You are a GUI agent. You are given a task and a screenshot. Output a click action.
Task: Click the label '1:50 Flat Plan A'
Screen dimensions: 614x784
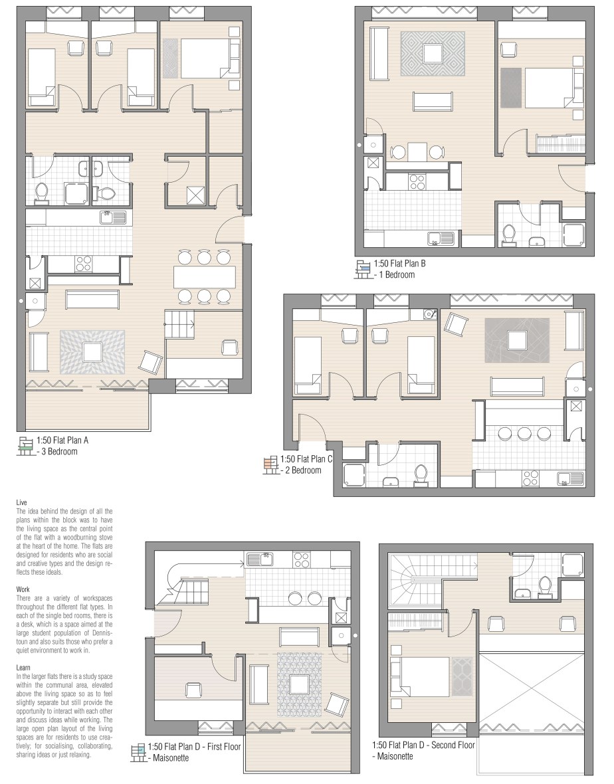point(62,441)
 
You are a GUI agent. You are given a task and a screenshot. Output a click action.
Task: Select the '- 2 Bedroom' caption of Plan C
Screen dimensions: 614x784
point(302,470)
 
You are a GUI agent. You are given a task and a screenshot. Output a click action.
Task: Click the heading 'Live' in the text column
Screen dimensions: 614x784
point(21,502)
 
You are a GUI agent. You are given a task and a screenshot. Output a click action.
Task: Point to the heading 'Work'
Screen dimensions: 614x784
point(23,589)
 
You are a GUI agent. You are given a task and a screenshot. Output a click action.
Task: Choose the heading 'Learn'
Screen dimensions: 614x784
point(23,668)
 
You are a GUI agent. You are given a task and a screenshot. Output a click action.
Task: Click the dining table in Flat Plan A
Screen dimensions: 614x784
point(205,277)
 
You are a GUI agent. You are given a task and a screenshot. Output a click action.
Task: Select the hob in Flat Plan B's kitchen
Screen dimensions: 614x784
point(417,180)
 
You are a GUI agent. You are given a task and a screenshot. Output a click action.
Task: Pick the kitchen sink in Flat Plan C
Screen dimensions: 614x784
point(571,478)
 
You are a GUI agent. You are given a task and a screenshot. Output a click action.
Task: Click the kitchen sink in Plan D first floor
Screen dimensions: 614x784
point(260,559)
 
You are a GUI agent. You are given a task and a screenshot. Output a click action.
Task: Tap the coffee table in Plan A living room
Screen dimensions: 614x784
point(92,352)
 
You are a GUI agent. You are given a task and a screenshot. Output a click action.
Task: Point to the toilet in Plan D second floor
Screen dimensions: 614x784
point(544,586)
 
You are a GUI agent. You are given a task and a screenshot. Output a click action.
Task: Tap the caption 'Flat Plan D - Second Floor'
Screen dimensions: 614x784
point(431,745)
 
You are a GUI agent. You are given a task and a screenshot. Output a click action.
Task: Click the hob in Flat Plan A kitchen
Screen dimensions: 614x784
point(84,263)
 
